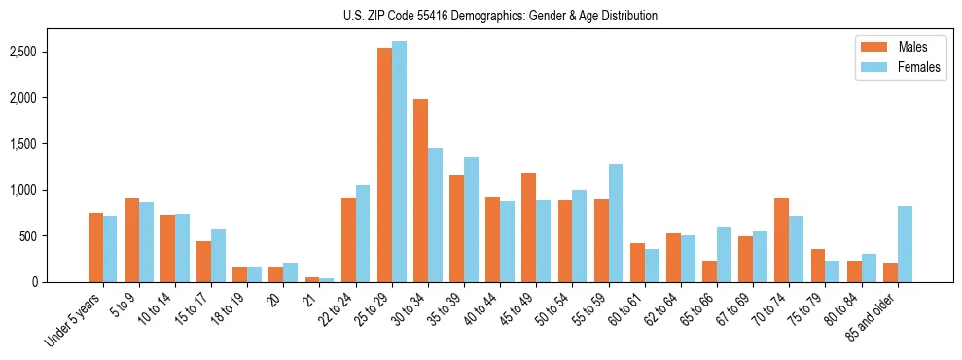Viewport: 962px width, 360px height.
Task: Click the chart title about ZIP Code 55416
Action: coord(500,16)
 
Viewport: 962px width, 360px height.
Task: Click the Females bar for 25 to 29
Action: coord(399,162)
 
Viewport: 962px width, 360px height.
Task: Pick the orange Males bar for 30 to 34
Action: coord(420,191)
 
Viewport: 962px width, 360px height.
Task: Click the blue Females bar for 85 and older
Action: coord(905,244)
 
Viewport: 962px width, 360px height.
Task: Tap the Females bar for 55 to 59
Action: coord(616,224)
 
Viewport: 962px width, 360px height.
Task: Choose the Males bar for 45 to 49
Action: coord(529,228)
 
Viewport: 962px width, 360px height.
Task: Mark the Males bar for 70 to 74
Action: coord(781,240)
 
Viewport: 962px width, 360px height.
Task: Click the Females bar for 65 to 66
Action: coord(724,255)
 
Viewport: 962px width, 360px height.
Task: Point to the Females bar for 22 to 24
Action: coord(363,234)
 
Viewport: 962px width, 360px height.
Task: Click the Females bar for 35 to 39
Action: coord(471,220)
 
